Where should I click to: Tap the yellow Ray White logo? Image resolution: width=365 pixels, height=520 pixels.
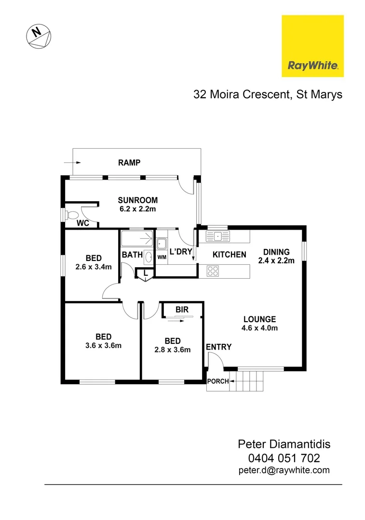(312, 46)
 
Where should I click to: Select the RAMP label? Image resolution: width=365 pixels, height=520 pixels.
(129, 163)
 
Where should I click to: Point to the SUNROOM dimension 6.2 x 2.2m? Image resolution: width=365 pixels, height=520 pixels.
(138, 209)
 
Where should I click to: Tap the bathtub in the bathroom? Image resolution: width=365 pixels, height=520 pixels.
(137, 239)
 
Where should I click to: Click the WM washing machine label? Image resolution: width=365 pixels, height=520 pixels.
(162, 257)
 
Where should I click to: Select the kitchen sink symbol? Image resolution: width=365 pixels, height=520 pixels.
(218, 236)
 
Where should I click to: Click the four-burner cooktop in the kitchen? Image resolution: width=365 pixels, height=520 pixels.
(212, 271)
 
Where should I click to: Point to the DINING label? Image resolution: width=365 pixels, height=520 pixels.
(276, 252)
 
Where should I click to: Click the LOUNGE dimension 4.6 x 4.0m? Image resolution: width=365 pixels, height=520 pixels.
(259, 328)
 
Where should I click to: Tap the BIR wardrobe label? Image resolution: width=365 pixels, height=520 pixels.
(182, 310)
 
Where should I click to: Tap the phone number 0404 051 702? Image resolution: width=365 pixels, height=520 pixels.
(284, 458)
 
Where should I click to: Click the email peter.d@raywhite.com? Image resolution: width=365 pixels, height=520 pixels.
(284, 470)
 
